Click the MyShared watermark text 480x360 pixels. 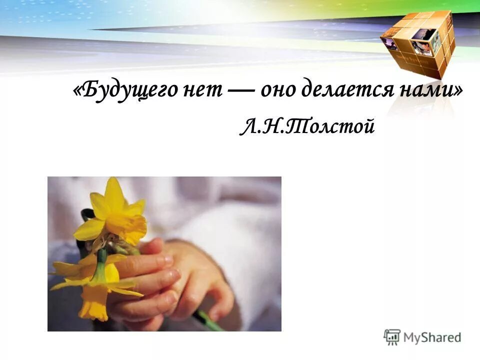pyautogui.click(x=433, y=337)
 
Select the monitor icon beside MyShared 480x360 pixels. pyautogui.click(x=392, y=336)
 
